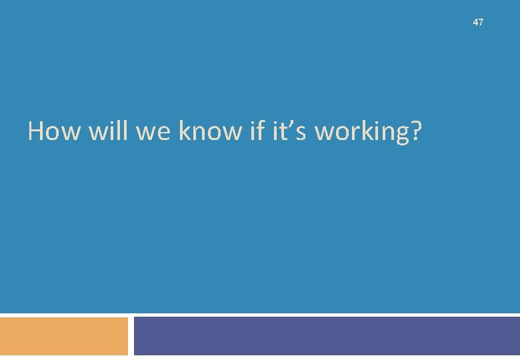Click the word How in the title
pyautogui.click(x=51, y=131)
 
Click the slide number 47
pyautogui.click(x=478, y=23)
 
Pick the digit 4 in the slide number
pyautogui.click(x=475, y=23)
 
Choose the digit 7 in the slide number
pyautogui.click(x=481, y=23)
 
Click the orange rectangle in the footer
pyautogui.click(x=64, y=337)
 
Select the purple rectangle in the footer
pyautogui.click(x=327, y=337)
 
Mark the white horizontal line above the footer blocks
pyautogui.click(x=260, y=315)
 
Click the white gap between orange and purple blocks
pyautogui.click(x=131, y=337)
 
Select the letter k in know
pyautogui.click(x=185, y=131)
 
